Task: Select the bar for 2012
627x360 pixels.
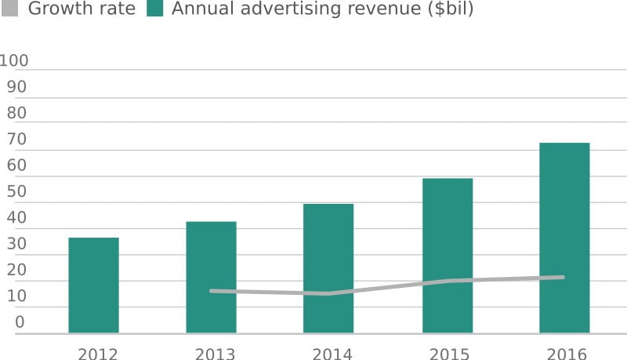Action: [x=93, y=285]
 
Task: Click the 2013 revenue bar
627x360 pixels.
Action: [x=211, y=277]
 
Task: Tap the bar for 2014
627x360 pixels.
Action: [x=328, y=268]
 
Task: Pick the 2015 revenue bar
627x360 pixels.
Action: [x=447, y=256]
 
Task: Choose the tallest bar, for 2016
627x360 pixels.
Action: [x=564, y=238]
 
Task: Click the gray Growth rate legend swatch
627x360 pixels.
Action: [x=10, y=10]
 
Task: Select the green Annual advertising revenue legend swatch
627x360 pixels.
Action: [x=154, y=10]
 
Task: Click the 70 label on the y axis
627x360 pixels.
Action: [x=16, y=140]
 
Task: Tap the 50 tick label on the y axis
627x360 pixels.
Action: [x=16, y=192]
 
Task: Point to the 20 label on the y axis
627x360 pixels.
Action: [x=16, y=271]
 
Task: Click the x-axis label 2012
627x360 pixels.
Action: [x=97, y=354]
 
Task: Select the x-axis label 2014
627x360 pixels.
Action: [x=332, y=354]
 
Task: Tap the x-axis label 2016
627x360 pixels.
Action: [x=567, y=354]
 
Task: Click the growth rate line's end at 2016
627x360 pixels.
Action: [x=563, y=277]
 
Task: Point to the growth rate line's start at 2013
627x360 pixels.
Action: [x=212, y=291]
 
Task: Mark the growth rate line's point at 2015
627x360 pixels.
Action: [x=447, y=281]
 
